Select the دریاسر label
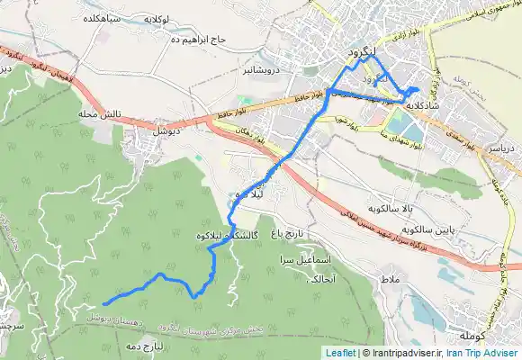pyautogui.click(x=502, y=145)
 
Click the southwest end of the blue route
pyautogui.click(x=106, y=304)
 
